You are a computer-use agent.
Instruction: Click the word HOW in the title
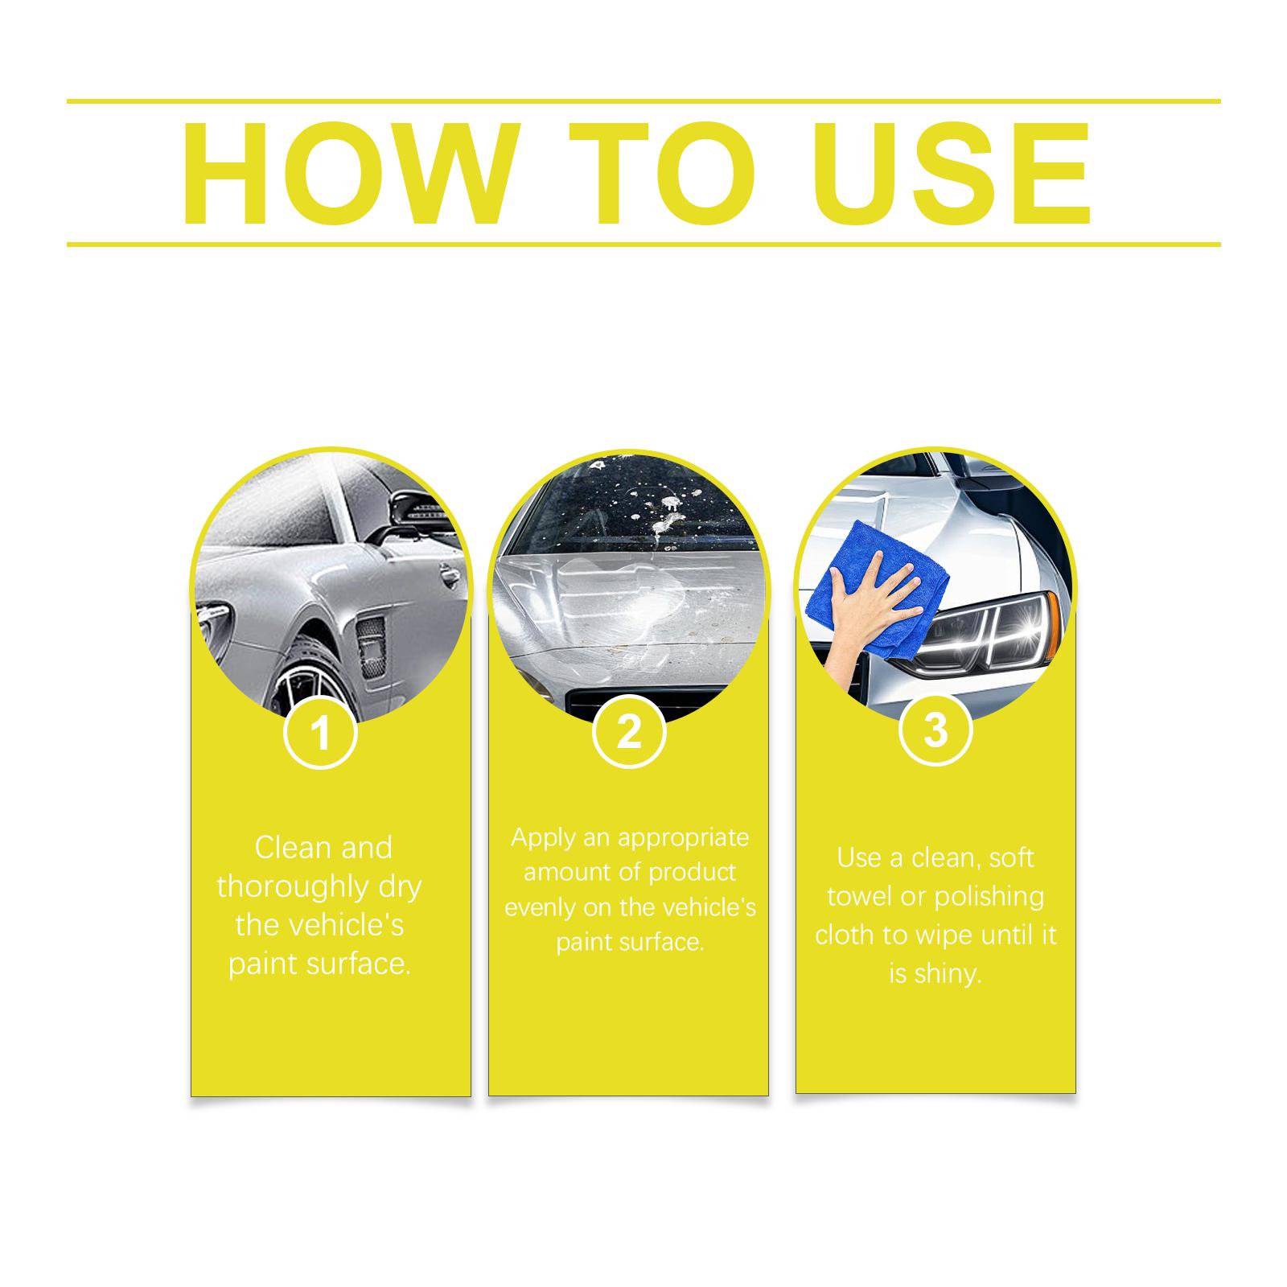coord(348,173)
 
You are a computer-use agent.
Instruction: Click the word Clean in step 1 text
coord(292,848)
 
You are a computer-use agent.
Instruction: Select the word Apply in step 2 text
coord(544,839)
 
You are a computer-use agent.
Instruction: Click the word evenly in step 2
coord(539,908)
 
